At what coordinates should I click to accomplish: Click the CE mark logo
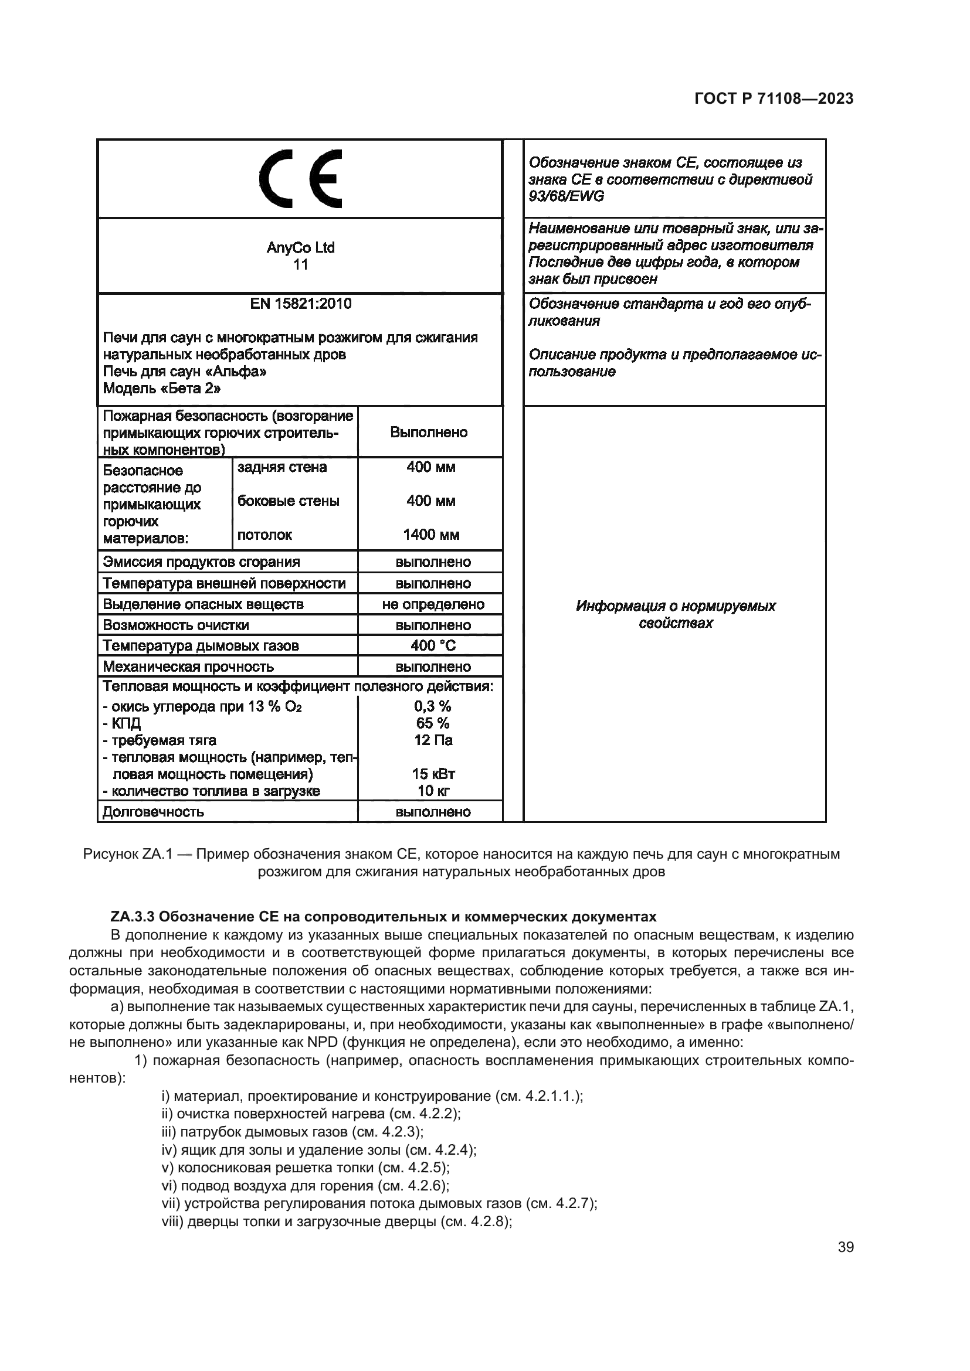coord(300,179)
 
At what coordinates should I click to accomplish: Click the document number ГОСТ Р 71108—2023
coord(774,99)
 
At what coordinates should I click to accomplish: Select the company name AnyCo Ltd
coord(300,247)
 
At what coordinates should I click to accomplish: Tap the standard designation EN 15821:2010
coord(300,304)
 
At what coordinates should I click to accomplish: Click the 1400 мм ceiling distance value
coord(430,535)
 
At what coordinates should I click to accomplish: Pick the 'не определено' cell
coord(433,604)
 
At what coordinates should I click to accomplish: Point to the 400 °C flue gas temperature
coord(433,645)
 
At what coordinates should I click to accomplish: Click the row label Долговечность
coord(154,812)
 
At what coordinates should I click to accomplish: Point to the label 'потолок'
coord(264,535)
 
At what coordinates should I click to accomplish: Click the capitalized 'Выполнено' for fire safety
coord(429,433)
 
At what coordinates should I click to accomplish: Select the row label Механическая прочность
coord(188,666)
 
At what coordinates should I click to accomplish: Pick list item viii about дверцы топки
coord(337,1222)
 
